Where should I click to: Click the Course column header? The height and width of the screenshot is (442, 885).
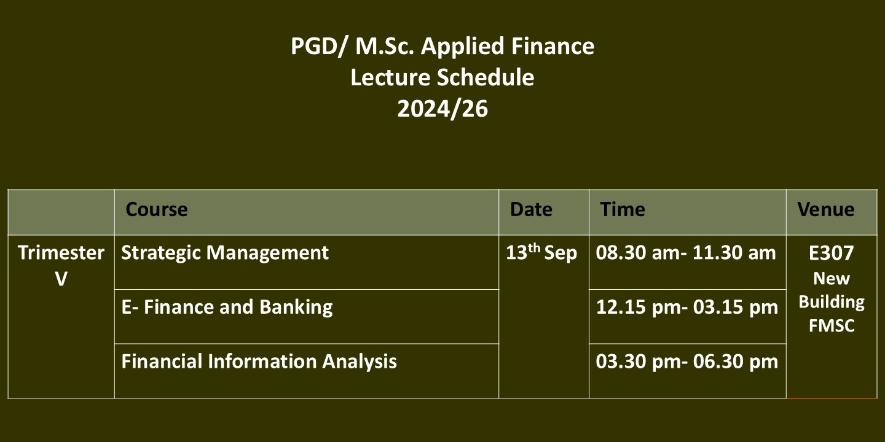tap(157, 209)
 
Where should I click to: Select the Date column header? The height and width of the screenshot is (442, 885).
tap(531, 209)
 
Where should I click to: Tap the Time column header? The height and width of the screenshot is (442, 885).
tap(622, 209)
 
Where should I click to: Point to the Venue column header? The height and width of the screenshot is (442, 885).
tap(826, 209)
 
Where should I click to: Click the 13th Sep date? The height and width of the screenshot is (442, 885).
tap(541, 252)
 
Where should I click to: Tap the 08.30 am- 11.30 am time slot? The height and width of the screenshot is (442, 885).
tap(686, 252)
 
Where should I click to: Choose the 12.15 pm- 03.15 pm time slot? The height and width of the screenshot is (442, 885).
tap(687, 307)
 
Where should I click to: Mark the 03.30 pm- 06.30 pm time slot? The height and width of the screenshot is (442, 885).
tap(687, 362)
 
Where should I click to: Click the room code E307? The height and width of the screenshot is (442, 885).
tap(832, 253)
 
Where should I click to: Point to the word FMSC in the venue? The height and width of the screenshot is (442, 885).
tap(832, 326)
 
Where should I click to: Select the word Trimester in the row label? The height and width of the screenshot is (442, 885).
tap(61, 252)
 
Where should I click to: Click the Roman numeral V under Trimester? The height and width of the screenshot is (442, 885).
tap(61, 279)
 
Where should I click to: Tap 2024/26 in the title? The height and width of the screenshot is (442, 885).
tap(442, 109)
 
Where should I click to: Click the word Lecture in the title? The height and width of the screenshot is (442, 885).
tap(390, 77)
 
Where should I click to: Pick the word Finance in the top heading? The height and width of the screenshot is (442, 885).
tap(553, 46)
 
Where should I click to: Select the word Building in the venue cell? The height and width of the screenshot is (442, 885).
tap(832, 303)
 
